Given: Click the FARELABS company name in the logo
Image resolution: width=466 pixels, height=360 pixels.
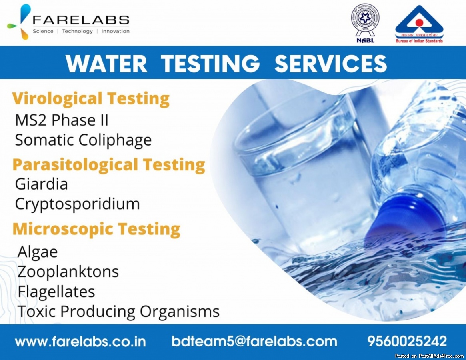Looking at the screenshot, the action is tap(81, 20).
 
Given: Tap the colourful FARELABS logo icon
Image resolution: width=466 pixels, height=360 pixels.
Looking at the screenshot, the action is tap(19, 22).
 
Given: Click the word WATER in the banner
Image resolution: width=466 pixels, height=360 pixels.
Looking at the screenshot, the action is tap(106, 63).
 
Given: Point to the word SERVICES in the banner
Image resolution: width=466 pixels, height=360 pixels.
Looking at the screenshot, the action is tap(330, 63).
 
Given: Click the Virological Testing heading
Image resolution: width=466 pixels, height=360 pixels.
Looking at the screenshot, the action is tap(91, 99).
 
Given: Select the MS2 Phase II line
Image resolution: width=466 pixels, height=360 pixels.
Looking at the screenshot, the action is tap(62, 120).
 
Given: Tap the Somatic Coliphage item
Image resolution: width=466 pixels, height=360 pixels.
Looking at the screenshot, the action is tap(83, 140).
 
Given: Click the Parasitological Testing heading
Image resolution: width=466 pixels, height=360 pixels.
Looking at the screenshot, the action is tap(109, 165).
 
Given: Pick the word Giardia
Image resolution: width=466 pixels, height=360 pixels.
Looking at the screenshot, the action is tap(41, 184).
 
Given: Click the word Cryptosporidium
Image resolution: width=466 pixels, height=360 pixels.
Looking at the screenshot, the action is tap(77, 204).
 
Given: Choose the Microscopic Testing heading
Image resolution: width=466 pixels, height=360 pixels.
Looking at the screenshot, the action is tap(96, 229).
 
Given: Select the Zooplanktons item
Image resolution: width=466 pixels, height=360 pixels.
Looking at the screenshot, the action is tap(68, 272).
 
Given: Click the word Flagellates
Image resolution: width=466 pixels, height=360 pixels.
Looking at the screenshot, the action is tap(56, 292).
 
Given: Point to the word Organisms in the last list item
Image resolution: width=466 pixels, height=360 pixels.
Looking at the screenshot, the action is tap(180, 312).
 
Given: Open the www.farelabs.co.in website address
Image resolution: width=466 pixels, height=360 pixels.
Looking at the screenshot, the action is tap(80, 341).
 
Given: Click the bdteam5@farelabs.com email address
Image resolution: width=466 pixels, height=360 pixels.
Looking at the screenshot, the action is tap(254, 341).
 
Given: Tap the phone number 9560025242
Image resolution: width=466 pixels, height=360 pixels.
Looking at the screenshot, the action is tap(407, 341).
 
